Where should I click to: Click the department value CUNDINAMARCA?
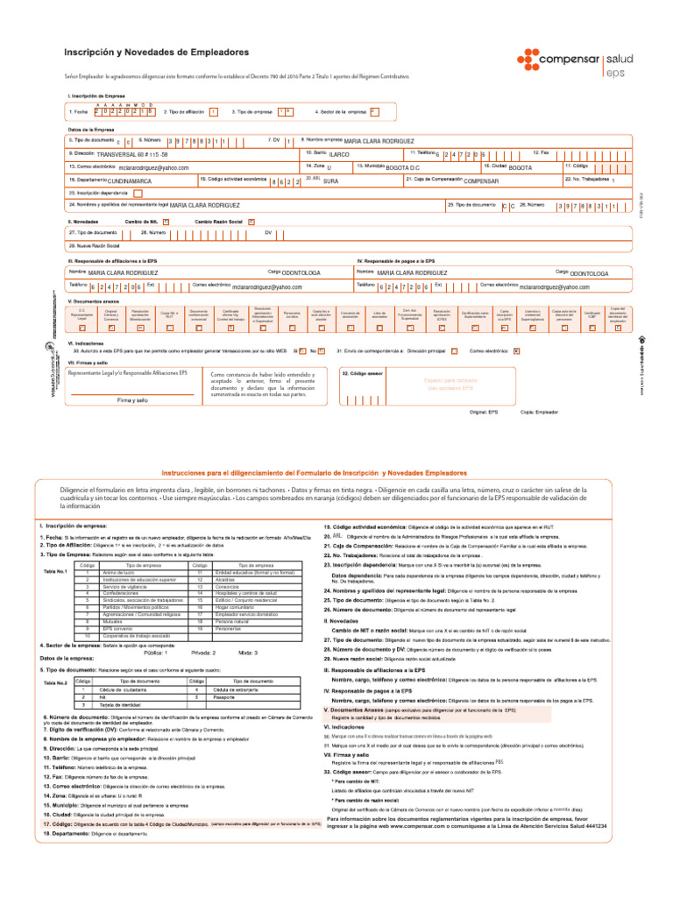131,180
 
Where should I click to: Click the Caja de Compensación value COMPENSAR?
492,180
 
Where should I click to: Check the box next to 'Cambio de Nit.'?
166,222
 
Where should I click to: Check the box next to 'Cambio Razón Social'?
251,222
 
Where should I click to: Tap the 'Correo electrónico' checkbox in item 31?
541,350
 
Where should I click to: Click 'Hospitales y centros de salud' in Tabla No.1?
242,593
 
